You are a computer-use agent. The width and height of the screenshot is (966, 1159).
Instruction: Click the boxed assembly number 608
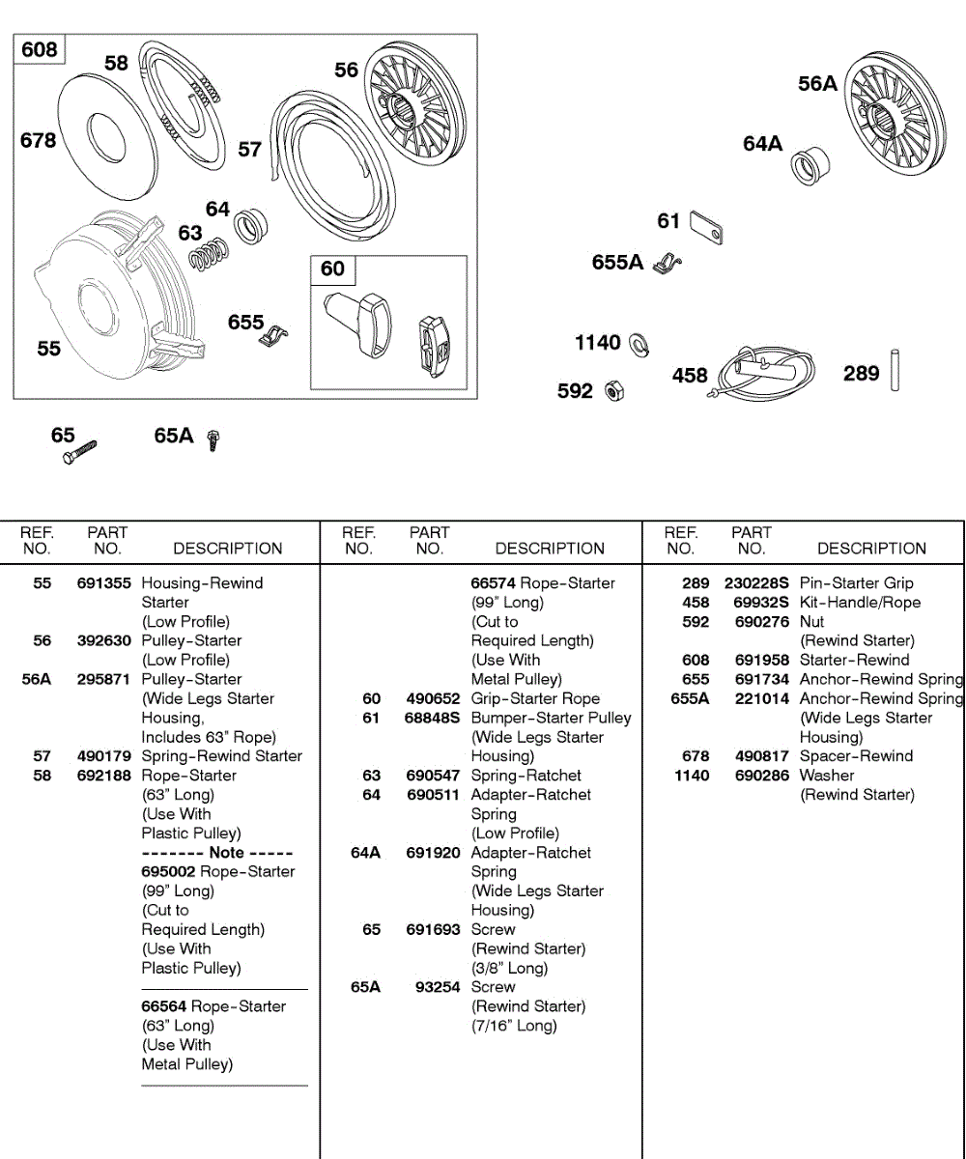click(39, 49)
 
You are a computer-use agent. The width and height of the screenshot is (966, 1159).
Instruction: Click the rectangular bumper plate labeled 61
click(707, 228)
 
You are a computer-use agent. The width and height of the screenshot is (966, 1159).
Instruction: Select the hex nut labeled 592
click(611, 391)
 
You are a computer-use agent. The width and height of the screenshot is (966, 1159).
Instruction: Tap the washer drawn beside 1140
click(638, 343)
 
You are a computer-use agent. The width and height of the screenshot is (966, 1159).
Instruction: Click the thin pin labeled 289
click(895, 369)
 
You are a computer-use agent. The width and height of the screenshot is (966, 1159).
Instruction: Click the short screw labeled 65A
click(213, 439)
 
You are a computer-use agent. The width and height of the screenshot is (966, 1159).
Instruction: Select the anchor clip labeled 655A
click(666, 263)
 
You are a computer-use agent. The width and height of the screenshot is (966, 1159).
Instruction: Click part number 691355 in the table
click(104, 583)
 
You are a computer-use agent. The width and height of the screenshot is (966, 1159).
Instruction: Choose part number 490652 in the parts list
click(433, 698)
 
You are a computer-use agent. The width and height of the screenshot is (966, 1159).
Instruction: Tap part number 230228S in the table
click(756, 583)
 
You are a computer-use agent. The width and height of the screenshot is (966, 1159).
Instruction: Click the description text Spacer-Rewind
click(856, 756)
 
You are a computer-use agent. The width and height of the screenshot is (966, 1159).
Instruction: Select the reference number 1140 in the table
click(692, 776)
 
